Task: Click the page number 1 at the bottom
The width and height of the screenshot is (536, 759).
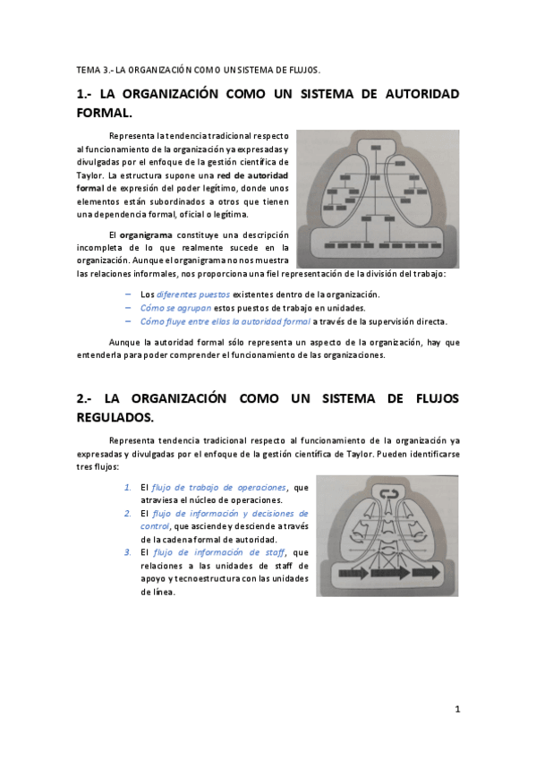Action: click(x=457, y=710)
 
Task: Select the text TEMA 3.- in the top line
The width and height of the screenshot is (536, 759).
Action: click(x=93, y=68)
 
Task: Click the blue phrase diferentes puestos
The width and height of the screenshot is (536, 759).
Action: click(x=192, y=294)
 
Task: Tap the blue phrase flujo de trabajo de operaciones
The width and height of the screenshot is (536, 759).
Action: click(x=219, y=487)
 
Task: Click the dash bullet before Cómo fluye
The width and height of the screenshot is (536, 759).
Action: click(x=130, y=320)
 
